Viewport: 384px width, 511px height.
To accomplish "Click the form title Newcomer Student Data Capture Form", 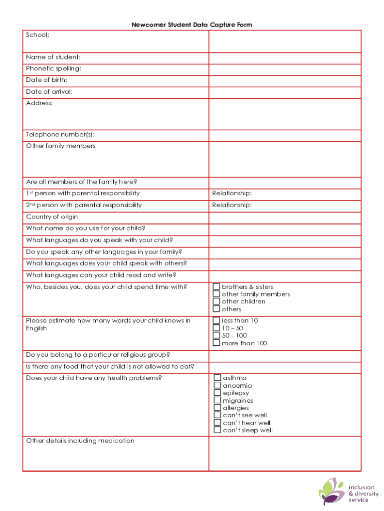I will [x=192, y=24].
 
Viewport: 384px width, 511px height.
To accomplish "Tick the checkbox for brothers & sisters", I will [x=216, y=286].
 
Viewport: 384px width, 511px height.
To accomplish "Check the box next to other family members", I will [x=216, y=294].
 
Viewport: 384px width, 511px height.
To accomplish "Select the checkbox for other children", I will [x=216, y=301].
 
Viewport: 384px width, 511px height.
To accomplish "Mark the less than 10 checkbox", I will [x=216, y=320].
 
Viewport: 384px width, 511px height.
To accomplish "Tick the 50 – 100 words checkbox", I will [x=216, y=335].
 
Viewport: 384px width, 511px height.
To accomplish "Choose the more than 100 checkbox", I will [x=216, y=343].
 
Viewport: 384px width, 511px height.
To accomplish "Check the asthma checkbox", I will [x=217, y=378].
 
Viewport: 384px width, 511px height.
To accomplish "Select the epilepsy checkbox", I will [x=217, y=393].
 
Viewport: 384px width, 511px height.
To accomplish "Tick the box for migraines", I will [x=217, y=400].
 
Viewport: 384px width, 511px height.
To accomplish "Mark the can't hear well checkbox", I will [x=217, y=423].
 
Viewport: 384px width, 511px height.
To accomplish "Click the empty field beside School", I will [x=284, y=41].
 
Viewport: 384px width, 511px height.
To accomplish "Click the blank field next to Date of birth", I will [x=284, y=81].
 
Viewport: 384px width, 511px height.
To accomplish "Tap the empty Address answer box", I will [x=284, y=114].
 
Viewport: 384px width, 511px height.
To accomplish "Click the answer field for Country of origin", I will [x=284, y=218].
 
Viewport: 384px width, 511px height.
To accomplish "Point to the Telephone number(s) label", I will [x=60, y=135].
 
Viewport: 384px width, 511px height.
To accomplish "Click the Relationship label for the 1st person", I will [x=232, y=194].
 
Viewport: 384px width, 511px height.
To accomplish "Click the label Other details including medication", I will [x=80, y=441].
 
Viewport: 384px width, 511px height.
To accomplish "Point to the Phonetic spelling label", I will [x=53, y=68].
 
